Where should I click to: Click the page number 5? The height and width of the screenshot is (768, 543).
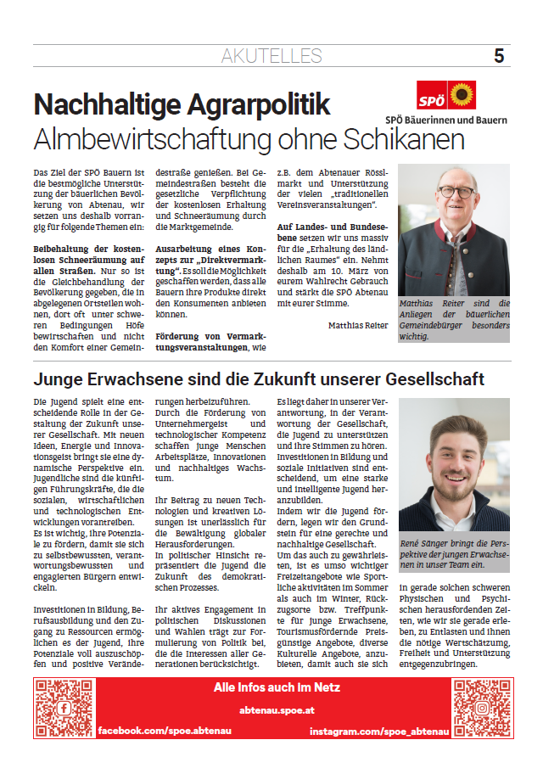point(499,56)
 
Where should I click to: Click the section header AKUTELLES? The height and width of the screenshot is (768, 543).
point(271,57)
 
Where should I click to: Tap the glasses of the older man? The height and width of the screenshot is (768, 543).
point(456,191)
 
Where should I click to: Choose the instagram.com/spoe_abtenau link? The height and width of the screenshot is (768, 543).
point(378,730)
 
